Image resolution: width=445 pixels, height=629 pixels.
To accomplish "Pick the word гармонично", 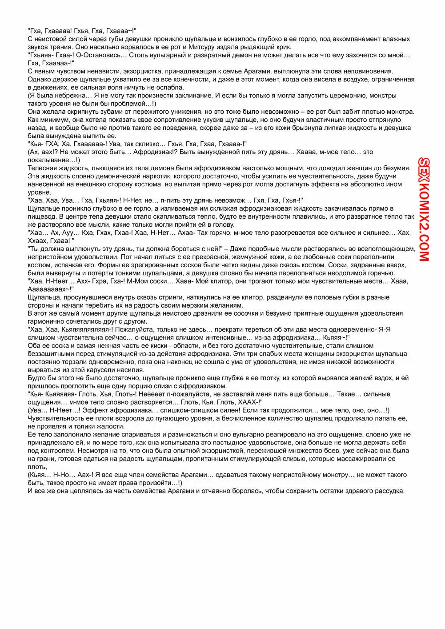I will pyautogui.click(x=47, y=321).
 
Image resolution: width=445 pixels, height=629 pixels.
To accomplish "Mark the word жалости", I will pyautogui.click(x=112, y=426).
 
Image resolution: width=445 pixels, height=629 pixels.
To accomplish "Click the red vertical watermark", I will pyautogui.click(x=424, y=209).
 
